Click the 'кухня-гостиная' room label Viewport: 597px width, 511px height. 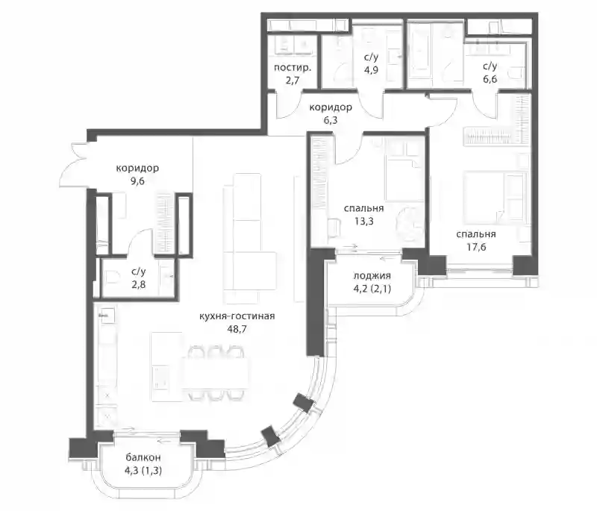[237, 316]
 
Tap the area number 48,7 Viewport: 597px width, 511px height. [237, 329]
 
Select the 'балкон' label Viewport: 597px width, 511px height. [143, 457]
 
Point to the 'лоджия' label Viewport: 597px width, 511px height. [372, 275]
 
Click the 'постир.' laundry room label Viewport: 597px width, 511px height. [293, 68]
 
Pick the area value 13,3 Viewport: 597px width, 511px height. [363, 222]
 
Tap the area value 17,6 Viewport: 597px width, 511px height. [476, 248]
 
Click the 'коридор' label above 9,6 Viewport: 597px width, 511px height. [137, 168]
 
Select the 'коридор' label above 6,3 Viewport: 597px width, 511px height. [331, 107]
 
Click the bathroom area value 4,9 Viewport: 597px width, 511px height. [371, 70]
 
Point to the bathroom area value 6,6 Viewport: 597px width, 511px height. [490, 80]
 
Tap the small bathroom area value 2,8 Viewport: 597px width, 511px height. [138, 285]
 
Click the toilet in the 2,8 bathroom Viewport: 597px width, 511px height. [111, 276]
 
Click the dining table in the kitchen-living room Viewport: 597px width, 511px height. [216, 373]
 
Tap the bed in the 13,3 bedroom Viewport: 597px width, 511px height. [403, 180]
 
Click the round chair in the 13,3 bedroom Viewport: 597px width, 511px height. [408, 225]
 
